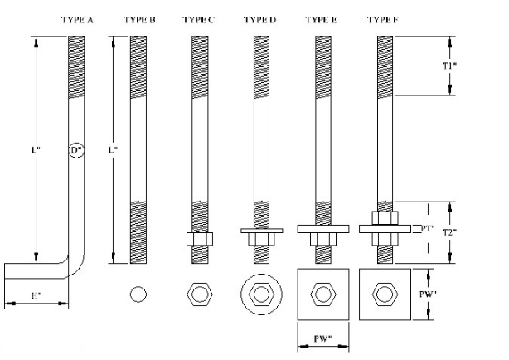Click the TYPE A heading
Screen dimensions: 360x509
pyautogui.click(x=77, y=18)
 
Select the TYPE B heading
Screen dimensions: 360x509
pyautogui.click(x=139, y=18)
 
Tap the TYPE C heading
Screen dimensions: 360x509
pyautogui.click(x=199, y=18)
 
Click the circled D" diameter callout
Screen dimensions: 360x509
pyautogui.click(x=76, y=151)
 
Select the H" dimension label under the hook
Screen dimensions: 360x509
pyautogui.click(x=36, y=294)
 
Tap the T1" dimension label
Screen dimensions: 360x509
pyautogui.click(x=448, y=66)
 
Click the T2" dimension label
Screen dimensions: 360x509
pyautogui.click(x=448, y=233)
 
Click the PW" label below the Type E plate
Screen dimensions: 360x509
pyautogui.click(x=322, y=339)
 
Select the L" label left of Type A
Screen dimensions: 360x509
pyautogui.click(x=36, y=151)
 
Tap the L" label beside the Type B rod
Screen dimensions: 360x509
pyautogui.click(x=113, y=151)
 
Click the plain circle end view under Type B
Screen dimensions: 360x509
pyautogui.click(x=138, y=294)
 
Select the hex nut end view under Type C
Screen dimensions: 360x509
pyautogui.click(x=199, y=294)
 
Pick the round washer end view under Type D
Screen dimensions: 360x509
pyautogui.click(x=260, y=294)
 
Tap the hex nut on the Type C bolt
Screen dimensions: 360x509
pyautogui.click(x=199, y=239)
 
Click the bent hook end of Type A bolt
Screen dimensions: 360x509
pyautogui.click(x=33, y=271)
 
